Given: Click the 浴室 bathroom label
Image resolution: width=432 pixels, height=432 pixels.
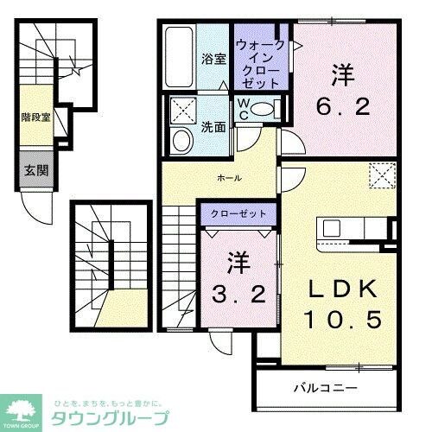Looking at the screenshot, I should (x=213, y=59).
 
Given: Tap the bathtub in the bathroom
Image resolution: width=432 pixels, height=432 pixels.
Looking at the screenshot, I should (x=178, y=55).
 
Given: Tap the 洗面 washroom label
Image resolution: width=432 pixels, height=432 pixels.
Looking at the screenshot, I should (x=214, y=126).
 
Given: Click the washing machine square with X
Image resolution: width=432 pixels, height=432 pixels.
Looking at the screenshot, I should (x=182, y=110).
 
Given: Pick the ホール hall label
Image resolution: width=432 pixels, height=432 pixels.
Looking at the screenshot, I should (x=229, y=177).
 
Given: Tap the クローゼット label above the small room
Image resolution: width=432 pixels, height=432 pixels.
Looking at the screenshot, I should (x=238, y=213).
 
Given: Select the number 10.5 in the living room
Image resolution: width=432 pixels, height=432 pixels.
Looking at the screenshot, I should (x=341, y=320).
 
